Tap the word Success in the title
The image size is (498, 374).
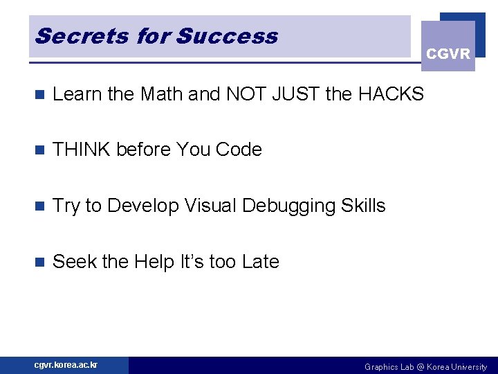coord(227,36)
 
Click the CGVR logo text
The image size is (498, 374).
coord(448,54)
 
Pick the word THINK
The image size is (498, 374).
coord(82,150)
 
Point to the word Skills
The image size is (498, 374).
coord(363,206)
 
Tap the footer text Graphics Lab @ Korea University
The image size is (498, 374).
coord(425,366)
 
